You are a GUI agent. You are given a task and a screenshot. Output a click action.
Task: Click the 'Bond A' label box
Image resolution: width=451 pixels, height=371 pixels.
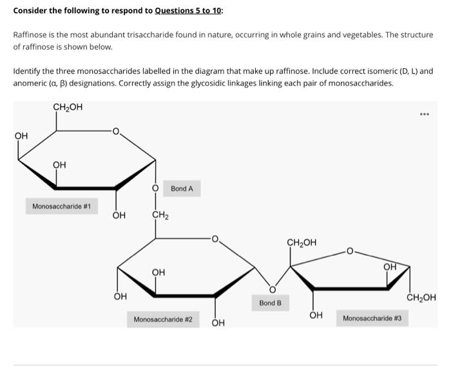(x=182, y=189)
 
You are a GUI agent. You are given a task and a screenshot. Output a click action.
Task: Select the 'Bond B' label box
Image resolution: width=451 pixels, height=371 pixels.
(x=271, y=302)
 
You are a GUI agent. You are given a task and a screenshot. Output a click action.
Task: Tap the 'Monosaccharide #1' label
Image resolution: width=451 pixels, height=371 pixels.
(x=61, y=207)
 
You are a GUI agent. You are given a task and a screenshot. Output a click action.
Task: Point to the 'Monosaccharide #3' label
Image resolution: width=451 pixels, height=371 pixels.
(x=372, y=318)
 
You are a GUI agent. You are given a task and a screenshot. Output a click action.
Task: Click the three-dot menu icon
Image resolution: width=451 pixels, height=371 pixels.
(x=424, y=115)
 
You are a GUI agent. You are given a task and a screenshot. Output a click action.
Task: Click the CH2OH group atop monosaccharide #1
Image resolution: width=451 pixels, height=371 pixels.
(x=68, y=107)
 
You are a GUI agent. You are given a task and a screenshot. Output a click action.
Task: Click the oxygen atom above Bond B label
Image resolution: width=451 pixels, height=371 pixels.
(x=272, y=288)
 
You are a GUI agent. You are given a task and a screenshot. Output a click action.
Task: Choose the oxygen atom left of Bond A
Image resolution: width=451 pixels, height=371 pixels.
(x=155, y=189)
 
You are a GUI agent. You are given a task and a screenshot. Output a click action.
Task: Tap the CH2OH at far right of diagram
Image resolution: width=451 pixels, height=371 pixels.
(x=421, y=298)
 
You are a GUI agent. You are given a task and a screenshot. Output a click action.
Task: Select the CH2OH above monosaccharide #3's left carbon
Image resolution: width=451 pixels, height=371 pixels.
(x=302, y=243)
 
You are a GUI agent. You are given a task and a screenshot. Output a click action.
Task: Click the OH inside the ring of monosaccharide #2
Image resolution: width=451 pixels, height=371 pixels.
(x=158, y=272)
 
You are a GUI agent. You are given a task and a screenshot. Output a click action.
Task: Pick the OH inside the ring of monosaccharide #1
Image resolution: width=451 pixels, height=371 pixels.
(x=59, y=165)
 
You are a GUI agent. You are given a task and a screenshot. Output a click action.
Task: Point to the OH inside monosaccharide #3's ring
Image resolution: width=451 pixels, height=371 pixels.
(x=390, y=267)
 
